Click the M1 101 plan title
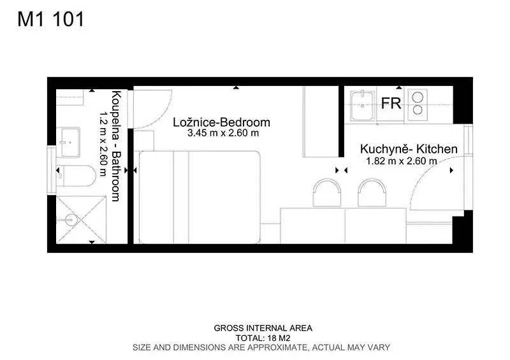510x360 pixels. click(x=51, y=19)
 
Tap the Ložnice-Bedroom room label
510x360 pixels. click(x=221, y=122)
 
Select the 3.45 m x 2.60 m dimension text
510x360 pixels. click(x=223, y=133)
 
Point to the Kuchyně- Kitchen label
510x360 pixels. click(x=409, y=149)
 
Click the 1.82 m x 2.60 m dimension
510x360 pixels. click(x=402, y=161)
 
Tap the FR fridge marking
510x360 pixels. click(x=391, y=103)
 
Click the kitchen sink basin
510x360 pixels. click(x=363, y=106)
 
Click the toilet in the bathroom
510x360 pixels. click(x=76, y=176)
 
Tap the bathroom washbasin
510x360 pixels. click(x=68, y=142)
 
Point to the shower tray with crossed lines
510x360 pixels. click(x=81, y=220)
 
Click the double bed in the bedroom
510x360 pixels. click(x=200, y=197)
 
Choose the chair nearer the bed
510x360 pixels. click(x=327, y=192)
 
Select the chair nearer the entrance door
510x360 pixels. click(x=372, y=192)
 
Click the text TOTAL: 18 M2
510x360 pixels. click(x=263, y=338)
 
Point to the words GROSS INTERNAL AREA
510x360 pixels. click(x=263, y=328)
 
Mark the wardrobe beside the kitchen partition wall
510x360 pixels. click(x=321, y=122)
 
